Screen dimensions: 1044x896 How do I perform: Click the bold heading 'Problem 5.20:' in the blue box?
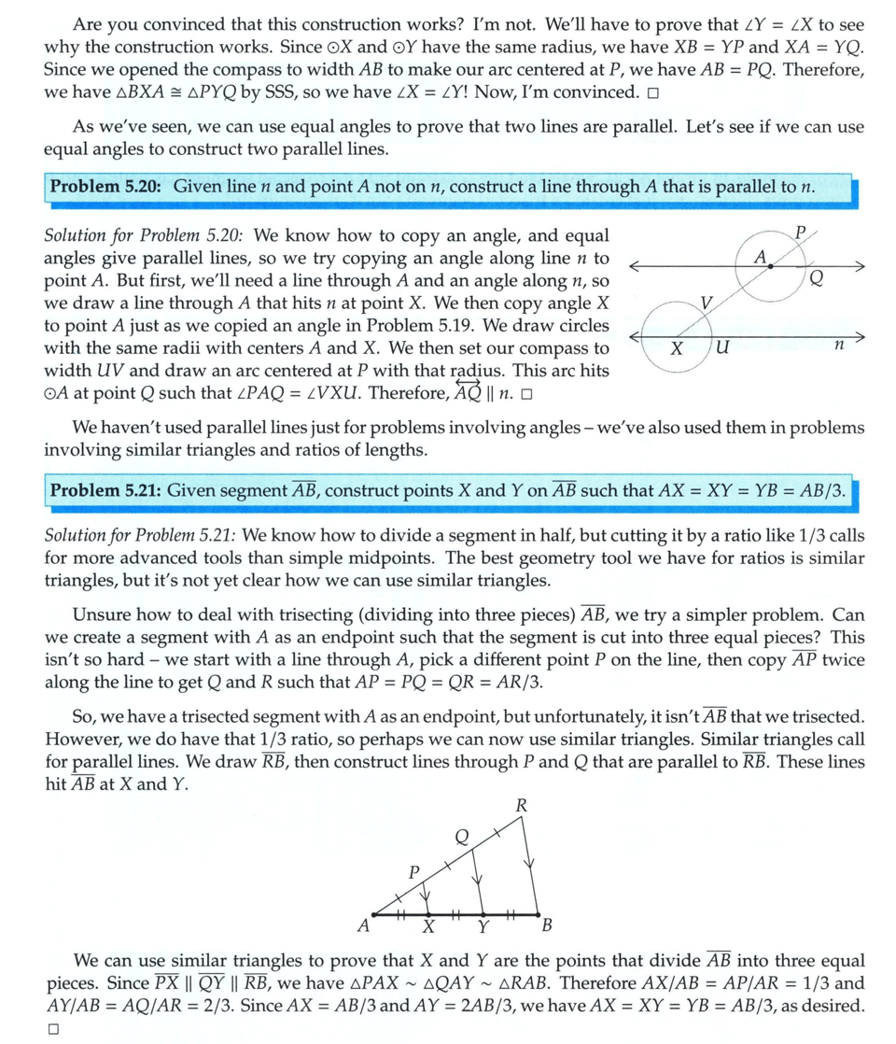click(108, 186)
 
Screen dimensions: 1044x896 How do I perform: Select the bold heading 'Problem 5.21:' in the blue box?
click(108, 490)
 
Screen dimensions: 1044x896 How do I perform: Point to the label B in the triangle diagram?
click(547, 926)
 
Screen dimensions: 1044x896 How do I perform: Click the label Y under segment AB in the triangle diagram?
click(483, 927)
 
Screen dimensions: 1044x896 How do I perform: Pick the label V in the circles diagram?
click(707, 302)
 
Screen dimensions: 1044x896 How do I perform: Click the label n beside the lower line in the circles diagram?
click(838, 346)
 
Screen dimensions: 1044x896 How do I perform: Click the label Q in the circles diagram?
click(817, 276)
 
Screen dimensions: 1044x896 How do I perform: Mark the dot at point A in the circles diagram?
click(770, 267)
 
